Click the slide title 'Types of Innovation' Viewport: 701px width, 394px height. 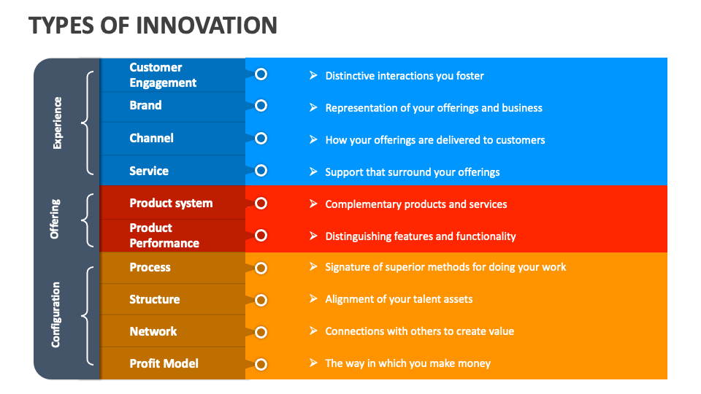pos(153,25)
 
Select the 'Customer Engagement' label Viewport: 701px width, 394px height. pos(163,75)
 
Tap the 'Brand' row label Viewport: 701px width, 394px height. pos(145,106)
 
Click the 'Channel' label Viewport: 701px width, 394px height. pos(151,138)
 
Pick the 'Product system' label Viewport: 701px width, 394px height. pos(171,203)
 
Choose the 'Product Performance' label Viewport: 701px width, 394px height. pos(164,236)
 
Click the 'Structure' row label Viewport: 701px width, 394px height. pos(154,299)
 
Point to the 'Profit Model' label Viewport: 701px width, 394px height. pos(164,363)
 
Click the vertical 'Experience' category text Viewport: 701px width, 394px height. pos(58,123)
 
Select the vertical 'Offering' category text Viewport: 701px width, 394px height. pos(55,219)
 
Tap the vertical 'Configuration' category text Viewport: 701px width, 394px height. pos(56,314)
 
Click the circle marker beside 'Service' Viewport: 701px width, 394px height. pos(261,171)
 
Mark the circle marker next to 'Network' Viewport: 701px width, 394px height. pos(261,332)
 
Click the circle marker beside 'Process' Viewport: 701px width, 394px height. pos(261,268)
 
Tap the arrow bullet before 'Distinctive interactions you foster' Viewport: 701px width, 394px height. pos(313,75)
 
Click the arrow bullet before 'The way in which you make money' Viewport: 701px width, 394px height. pos(313,363)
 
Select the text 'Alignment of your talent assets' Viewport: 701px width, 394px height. pos(399,299)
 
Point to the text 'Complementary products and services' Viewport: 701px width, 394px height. pos(415,204)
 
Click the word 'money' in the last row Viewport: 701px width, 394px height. pos(475,363)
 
